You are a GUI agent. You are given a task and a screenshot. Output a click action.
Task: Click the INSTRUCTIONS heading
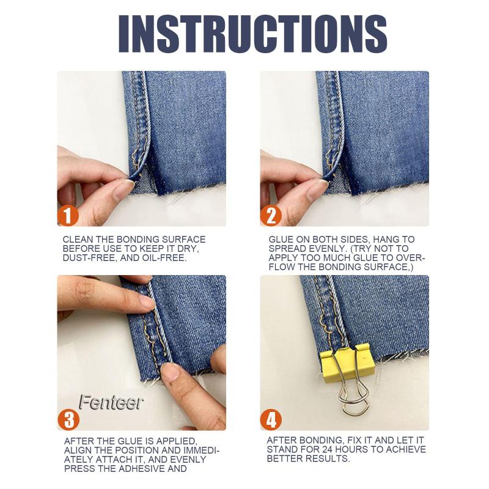click(x=252, y=34)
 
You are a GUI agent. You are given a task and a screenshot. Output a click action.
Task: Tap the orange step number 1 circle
click(x=68, y=216)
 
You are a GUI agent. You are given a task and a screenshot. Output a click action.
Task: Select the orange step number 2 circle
click(x=271, y=216)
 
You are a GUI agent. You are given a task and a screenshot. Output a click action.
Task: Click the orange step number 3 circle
click(x=68, y=419)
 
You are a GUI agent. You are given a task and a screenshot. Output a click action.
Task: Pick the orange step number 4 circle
click(x=271, y=419)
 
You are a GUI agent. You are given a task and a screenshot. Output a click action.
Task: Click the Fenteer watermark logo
click(x=111, y=402)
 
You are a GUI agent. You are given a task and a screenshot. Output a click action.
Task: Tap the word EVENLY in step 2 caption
click(x=328, y=249)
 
